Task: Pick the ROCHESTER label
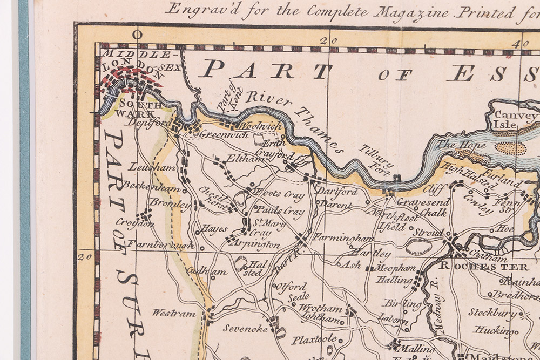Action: (484, 267)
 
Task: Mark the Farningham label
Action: (343, 237)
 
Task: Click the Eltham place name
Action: (239, 159)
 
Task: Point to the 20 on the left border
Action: (83, 256)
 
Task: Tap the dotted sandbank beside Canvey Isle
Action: (510, 147)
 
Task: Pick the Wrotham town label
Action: (321, 309)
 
